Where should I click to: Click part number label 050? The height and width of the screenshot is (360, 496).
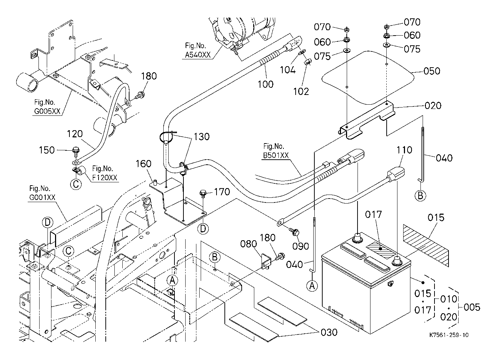click(x=432, y=71)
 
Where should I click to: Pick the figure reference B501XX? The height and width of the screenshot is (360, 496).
click(x=276, y=156)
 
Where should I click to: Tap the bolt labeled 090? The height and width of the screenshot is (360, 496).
click(x=296, y=233)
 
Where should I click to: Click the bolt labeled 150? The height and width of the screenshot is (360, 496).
click(x=76, y=150)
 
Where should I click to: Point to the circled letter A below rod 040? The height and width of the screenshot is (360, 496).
click(x=312, y=286)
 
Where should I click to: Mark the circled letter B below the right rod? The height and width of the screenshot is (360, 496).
click(x=420, y=196)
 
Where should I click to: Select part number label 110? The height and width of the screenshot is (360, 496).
click(x=404, y=150)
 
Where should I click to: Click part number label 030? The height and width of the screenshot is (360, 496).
click(x=329, y=332)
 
